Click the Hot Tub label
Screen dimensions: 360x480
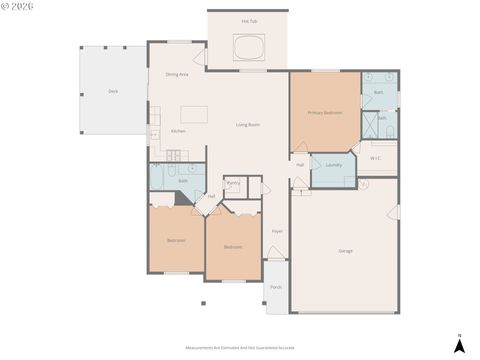pos(249,21)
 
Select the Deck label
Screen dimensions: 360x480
pos(113,91)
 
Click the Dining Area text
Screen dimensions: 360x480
pos(177,75)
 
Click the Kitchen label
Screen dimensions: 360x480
pos(177,131)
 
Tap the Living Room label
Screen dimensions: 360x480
pos(248,124)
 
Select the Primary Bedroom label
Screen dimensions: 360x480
pos(325,112)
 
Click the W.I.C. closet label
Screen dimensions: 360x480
pos(376,157)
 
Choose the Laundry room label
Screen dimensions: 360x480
pos(334,165)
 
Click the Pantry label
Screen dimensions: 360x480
pos(233,183)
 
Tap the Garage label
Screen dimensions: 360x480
pos(346,250)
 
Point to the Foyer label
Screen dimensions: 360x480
pos(277,231)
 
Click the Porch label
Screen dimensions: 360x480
pos(276,287)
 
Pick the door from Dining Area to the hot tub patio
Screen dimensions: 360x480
pos(201,57)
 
